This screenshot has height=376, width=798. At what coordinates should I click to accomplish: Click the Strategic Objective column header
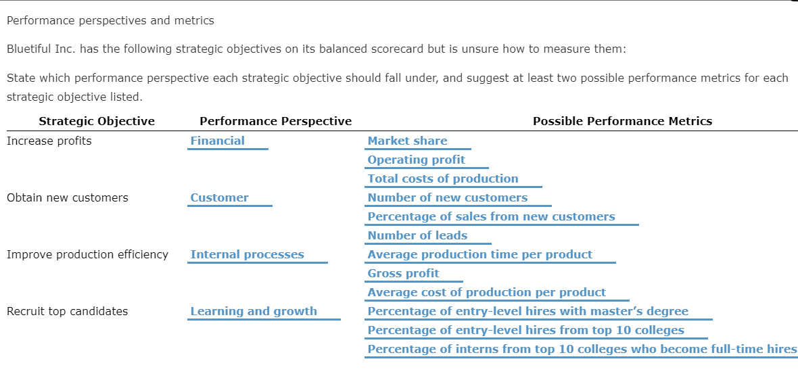click(x=97, y=122)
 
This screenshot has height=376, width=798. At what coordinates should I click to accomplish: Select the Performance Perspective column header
click(x=276, y=122)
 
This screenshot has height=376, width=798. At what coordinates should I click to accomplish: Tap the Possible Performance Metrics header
click(x=622, y=122)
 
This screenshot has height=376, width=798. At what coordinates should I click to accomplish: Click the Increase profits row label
click(x=49, y=141)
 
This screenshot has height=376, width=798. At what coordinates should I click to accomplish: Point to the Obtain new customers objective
click(x=68, y=197)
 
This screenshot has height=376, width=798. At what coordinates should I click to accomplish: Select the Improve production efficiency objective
click(x=88, y=254)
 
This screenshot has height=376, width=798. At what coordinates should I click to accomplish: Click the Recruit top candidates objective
click(x=68, y=311)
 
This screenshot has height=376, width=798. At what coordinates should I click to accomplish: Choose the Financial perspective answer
click(x=218, y=141)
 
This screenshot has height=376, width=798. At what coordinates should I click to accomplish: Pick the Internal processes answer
click(x=248, y=254)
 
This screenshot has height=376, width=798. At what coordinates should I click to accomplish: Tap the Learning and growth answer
click(x=254, y=311)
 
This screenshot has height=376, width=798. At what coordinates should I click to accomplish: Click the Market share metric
click(x=407, y=141)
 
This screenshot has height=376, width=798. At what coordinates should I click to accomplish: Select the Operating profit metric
click(x=417, y=160)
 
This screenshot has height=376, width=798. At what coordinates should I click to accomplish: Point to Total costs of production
click(x=443, y=179)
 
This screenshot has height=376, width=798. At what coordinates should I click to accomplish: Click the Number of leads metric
click(x=417, y=235)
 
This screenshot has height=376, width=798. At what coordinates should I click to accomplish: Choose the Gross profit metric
click(x=403, y=273)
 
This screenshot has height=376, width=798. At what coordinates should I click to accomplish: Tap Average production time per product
click(x=479, y=254)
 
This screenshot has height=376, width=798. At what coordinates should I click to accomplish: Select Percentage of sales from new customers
click(x=491, y=216)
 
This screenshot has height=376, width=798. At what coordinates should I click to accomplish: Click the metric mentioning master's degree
click(x=527, y=311)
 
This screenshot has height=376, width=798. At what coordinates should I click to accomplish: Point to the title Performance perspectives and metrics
click(x=110, y=20)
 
